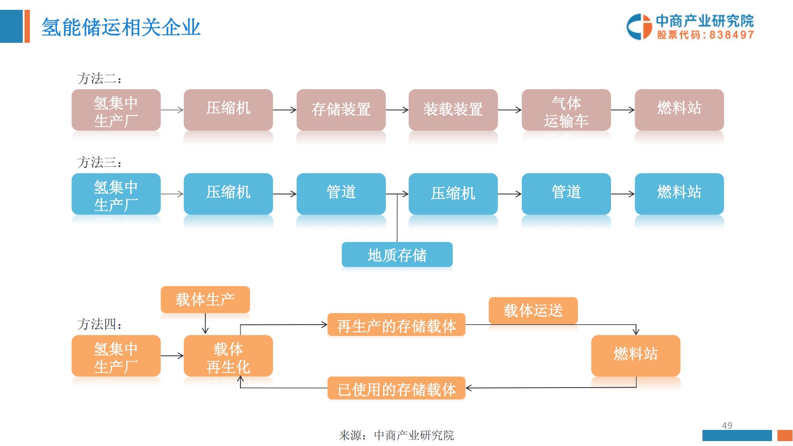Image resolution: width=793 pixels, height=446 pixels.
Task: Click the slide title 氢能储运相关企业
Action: tap(121, 28)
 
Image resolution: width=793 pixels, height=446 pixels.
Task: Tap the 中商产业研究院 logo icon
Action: tap(639, 27)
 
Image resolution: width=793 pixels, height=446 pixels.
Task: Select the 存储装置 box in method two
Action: tap(341, 109)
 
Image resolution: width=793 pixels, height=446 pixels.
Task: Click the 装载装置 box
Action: tap(453, 109)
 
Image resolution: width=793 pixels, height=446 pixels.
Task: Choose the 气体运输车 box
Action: tap(566, 110)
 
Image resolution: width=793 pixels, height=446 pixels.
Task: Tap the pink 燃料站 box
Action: tap(679, 109)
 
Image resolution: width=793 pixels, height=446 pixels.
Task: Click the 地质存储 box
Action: tap(397, 255)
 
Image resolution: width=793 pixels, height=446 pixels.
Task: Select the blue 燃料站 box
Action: tap(679, 193)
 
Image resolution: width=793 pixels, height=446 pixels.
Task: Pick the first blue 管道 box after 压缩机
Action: tap(341, 193)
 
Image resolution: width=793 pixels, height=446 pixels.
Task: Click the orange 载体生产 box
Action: tap(205, 299)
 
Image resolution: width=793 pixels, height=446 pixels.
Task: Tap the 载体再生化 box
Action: tap(228, 356)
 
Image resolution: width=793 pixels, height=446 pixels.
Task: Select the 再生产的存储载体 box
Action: tap(396, 326)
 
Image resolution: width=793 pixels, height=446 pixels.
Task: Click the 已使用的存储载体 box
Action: tap(396, 389)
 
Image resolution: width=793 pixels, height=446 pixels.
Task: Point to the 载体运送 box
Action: tap(533, 310)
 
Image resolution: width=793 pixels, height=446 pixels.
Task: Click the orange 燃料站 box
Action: tap(636, 355)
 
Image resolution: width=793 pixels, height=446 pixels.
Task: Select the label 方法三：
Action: tap(99, 162)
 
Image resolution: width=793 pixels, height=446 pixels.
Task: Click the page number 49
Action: tap(727, 425)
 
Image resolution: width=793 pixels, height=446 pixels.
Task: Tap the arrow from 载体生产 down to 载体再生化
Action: tap(205, 324)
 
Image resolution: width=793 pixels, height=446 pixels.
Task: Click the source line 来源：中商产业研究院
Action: tap(396, 435)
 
